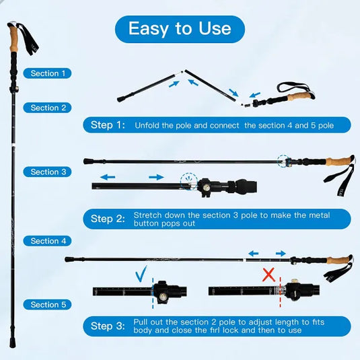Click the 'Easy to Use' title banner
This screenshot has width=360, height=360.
click(180, 29)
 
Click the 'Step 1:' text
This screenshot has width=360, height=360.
click(108, 125)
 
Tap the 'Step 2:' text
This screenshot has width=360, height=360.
click(108, 219)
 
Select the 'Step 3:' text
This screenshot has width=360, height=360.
click(108, 326)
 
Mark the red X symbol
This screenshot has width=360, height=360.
click(268, 274)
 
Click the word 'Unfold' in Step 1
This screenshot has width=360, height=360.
click(147, 125)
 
